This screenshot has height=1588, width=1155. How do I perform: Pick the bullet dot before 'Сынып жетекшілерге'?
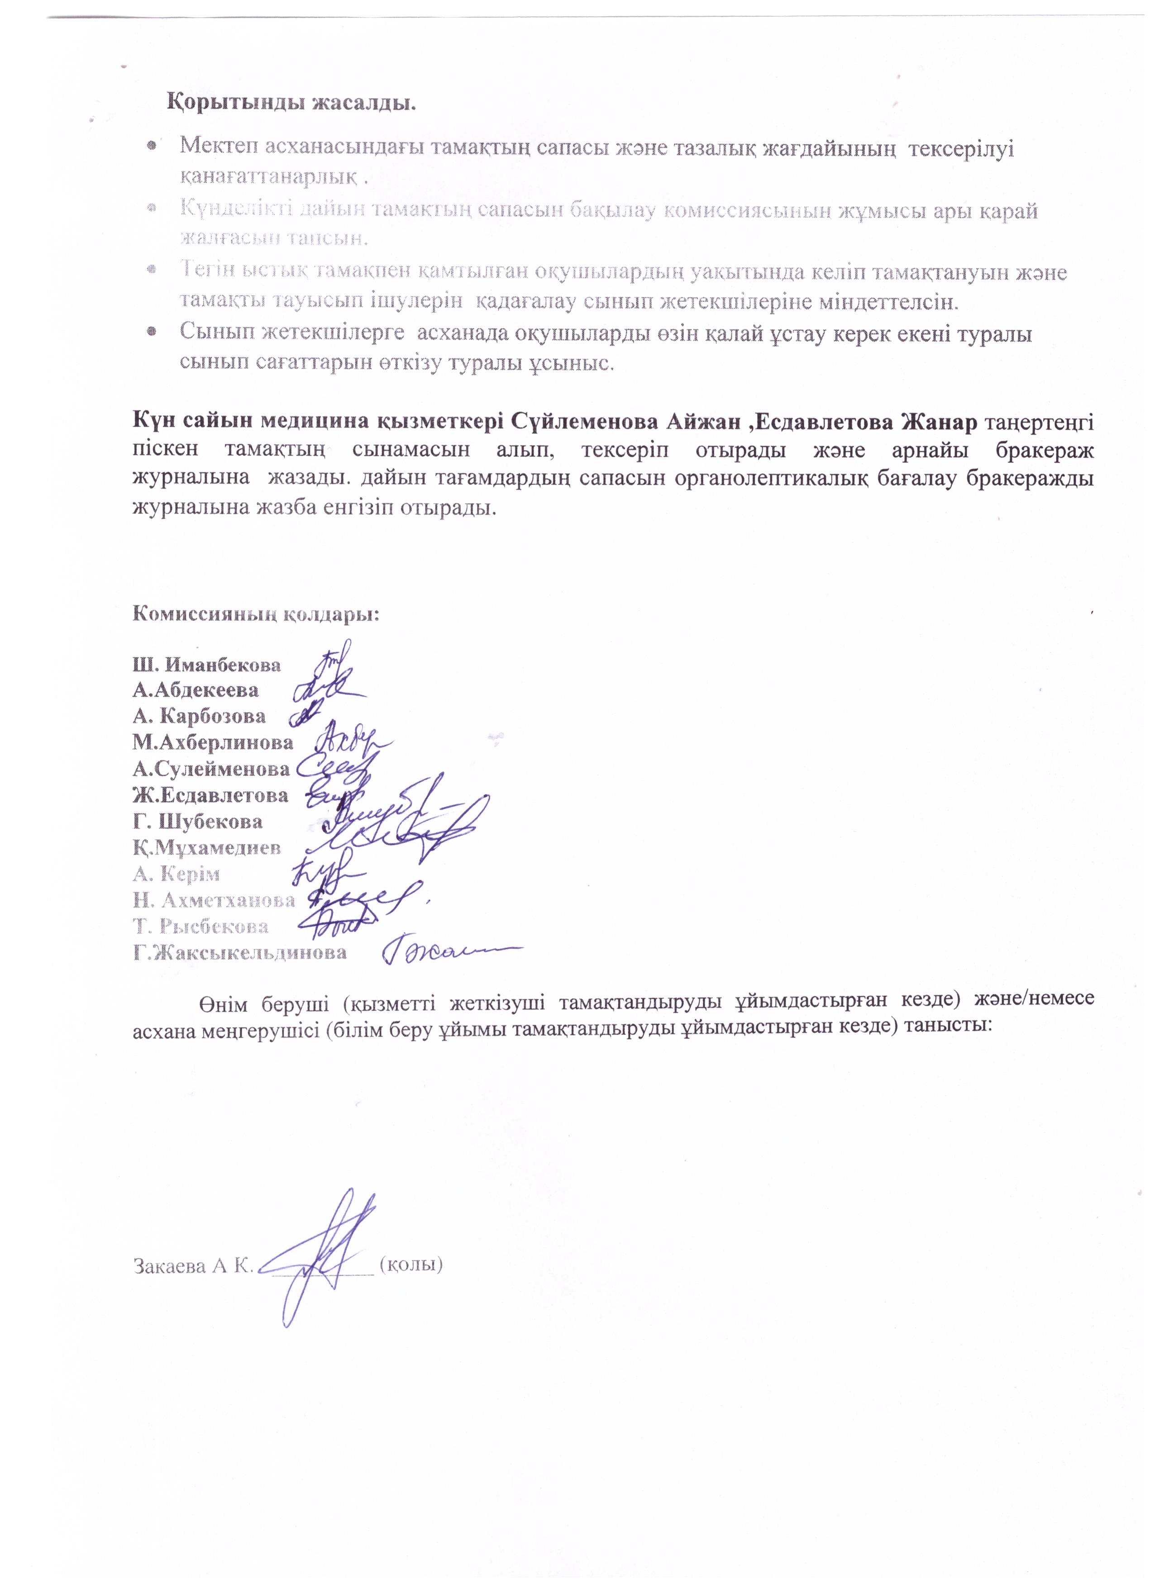tap(151, 332)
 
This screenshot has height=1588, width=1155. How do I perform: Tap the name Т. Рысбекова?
tap(201, 927)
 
